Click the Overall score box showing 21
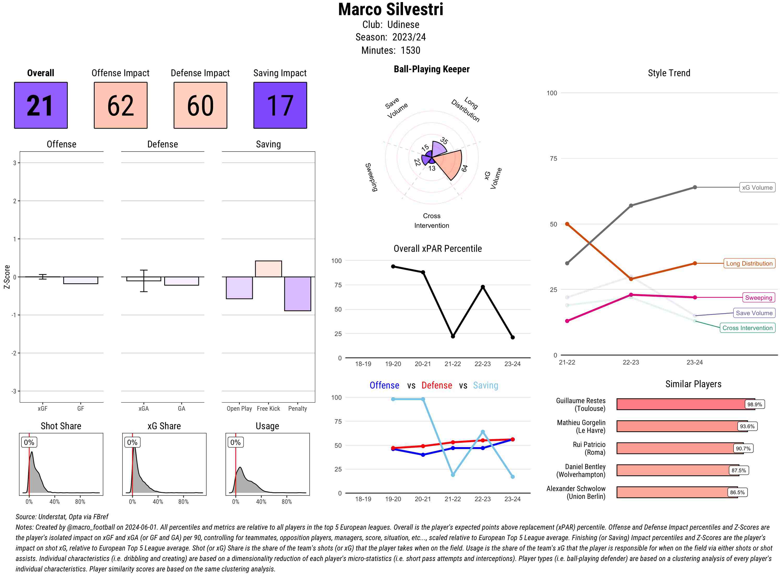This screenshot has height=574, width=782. (x=41, y=105)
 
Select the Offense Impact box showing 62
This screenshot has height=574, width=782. (x=120, y=105)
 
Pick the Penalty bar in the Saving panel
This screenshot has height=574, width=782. (x=297, y=294)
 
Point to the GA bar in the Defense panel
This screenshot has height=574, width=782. (x=181, y=281)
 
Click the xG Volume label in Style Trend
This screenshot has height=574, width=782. (x=757, y=188)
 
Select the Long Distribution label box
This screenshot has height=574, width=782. (x=749, y=263)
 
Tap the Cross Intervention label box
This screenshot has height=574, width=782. (x=747, y=328)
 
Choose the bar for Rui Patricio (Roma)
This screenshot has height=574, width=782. (x=675, y=448)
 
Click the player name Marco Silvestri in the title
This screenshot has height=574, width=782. (x=390, y=9)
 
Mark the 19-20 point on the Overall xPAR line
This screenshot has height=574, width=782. (x=393, y=266)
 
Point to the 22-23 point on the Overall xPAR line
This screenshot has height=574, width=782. (x=482, y=287)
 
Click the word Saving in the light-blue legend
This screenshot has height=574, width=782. (x=485, y=385)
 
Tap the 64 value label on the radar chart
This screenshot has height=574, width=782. (x=465, y=168)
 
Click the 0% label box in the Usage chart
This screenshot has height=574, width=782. (x=235, y=442)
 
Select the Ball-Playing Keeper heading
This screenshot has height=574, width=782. (x=431, y=69)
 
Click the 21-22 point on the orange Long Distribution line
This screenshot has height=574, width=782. (x=567, y=224)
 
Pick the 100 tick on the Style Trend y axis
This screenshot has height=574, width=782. (x=552, y=93)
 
